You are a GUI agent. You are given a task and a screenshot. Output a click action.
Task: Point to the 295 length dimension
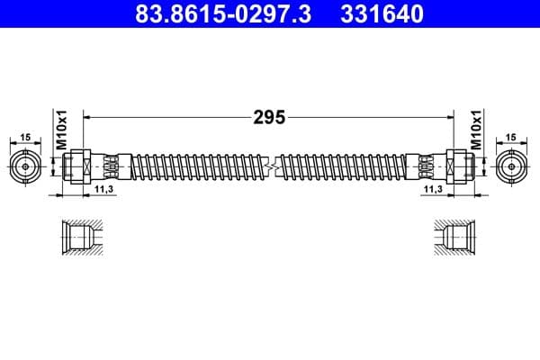(269, 117)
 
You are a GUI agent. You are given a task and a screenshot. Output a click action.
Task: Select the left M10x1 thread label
(63, 131)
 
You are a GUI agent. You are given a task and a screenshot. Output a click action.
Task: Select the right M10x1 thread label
(476, 131)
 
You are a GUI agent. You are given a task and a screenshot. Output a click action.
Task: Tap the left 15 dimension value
(26, 137)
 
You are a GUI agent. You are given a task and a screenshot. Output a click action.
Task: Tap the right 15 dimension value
(513, 137)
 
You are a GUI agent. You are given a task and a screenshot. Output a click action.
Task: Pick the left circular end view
(26, 166)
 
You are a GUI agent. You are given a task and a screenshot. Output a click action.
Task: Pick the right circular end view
(513, 166)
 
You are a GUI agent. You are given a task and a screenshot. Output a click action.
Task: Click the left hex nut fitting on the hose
(76, 166)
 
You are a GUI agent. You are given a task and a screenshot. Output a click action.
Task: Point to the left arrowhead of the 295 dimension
(86, 117)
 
